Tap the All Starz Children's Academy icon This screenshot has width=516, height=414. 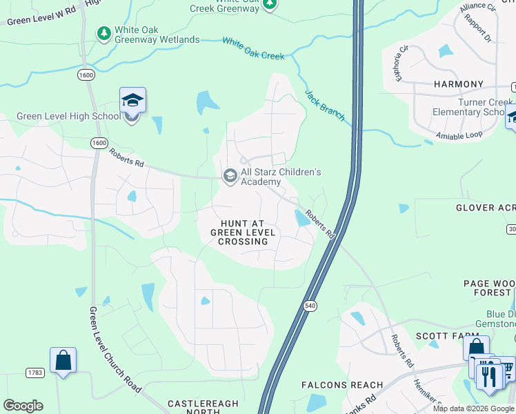click(x=229, y=177)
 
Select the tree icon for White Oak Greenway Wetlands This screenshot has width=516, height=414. click(x=104, y=33)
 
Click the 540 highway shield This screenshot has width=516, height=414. click(x=310, y=304)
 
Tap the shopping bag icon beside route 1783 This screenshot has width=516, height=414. click(x=63, y=360)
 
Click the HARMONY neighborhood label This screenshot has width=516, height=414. click(x=459, y=84)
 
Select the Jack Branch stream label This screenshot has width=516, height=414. click(x=324, y=106)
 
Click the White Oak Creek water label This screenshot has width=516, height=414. click(x=253, y=48)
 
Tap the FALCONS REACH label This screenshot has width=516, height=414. click(x=342, y=385)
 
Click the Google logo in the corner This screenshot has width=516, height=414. click(x=23, y=406)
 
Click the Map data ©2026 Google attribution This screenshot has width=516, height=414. click(x=473, y=408)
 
